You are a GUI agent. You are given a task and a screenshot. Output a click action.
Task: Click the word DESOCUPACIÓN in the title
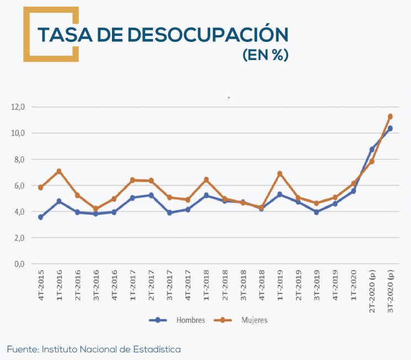click(208, 35)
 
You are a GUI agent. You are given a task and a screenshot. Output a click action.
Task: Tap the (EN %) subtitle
click(265, 56)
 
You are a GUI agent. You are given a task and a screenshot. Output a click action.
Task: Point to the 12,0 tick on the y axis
click(19, 107)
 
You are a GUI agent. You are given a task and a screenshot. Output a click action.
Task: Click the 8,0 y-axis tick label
click(19, 159)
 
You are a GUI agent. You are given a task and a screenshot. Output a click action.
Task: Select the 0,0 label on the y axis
click(19, 264)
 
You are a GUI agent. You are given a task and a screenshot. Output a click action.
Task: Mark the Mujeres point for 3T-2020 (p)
click(390, 116)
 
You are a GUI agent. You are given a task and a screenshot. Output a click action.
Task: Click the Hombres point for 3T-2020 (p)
click(390, 128)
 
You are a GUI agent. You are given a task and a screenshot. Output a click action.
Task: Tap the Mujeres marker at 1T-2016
click(59, 171)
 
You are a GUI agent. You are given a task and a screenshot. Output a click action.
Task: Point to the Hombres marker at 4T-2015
click(41, 217)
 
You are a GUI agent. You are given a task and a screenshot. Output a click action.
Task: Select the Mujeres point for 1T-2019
click(280, 174)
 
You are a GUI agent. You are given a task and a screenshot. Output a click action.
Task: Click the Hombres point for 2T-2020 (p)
click(372, 149)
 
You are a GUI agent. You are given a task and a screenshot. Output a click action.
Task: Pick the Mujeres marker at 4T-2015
click(41, 187)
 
